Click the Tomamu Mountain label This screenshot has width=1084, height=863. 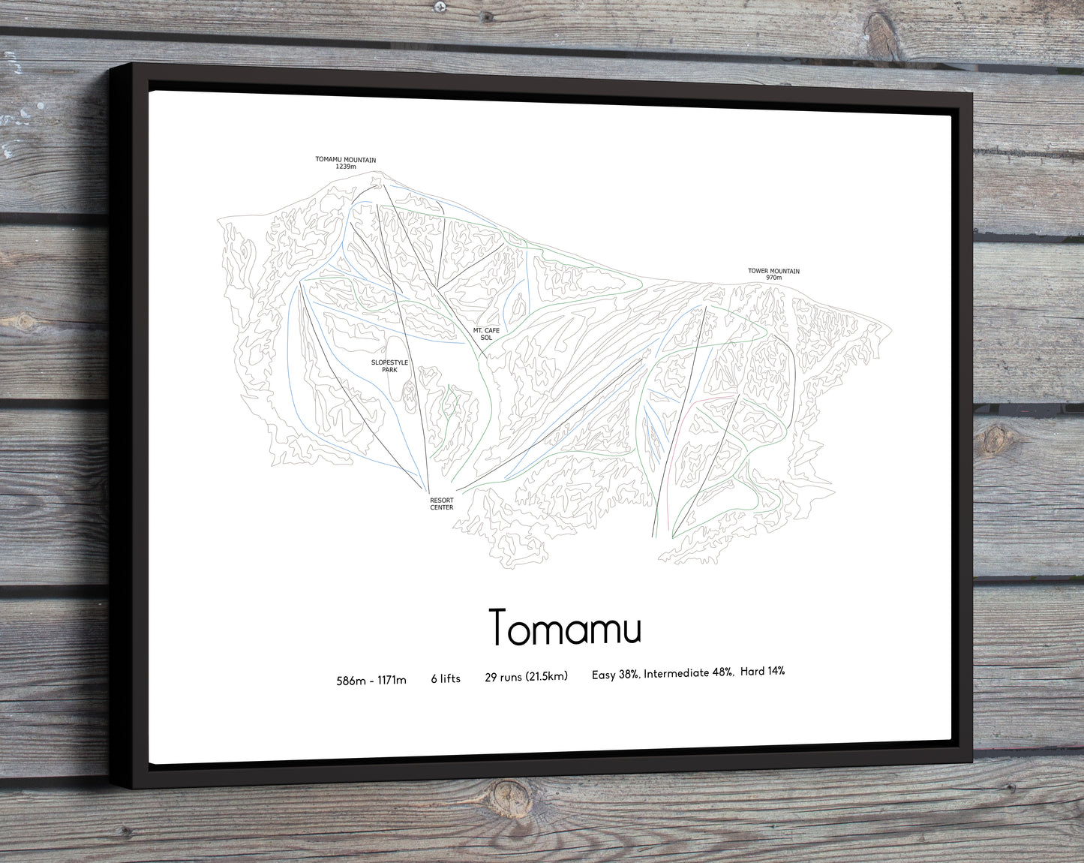[x=345, y=160]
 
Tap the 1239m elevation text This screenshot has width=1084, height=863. [x=345, y=167]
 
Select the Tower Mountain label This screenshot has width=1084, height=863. [x=773, y=271]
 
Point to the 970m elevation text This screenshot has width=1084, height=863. [x=773, y=278]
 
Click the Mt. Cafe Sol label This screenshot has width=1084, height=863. [x=486, y=334]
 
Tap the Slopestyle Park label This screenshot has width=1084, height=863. [x=389, y=366]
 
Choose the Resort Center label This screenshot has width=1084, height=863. [x=441, y=504]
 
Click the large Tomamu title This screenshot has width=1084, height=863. [x=565, y=628]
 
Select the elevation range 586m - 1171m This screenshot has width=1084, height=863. [x=371, y=681]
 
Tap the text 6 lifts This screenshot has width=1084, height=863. [x=446, y=678]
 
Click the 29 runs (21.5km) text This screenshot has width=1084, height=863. [x=526, y=677]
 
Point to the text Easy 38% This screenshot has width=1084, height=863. [x=615, y=675]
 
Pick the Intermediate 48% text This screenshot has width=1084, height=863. [x=688, y=673]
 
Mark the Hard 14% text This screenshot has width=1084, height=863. [x=762, y=671]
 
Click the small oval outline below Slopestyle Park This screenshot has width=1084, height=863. [x=410, y=395]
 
